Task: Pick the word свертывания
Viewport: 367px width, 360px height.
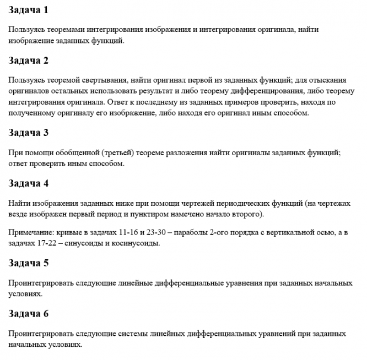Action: click(x=103, y=79)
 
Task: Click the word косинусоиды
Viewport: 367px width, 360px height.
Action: click(x=140, y=244)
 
